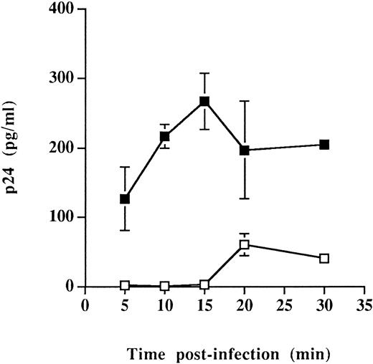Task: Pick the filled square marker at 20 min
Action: [x=245, y=150]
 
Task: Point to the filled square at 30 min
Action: [x=324, y=145]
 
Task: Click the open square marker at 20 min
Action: [x=245, y=245]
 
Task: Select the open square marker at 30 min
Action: [x=324, y=258]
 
